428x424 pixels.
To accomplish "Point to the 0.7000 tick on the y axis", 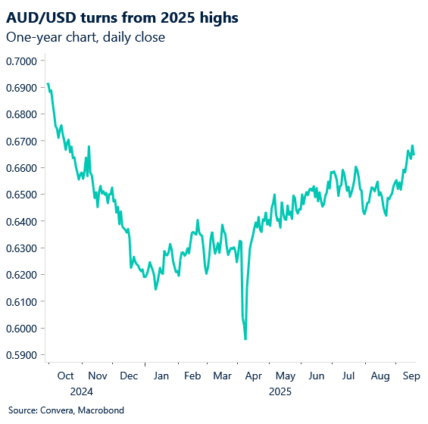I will [x=24, y=61].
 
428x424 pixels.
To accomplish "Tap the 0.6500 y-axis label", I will [x=24, y=195].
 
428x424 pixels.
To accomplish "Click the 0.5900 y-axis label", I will [x=24, y=355].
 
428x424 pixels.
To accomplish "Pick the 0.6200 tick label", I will [x=24, y=275].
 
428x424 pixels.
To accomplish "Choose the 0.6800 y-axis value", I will [x=24, y=114].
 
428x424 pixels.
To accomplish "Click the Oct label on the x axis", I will [x=65, y=376].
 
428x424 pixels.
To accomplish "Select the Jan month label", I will [x=161, y=376].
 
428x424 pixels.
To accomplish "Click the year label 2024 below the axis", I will [x=80, y=391].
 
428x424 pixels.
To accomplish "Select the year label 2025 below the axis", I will [x=280, y=391].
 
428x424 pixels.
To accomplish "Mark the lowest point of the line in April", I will [x=245, y=338].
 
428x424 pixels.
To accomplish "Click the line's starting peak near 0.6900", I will [x=48, y=83].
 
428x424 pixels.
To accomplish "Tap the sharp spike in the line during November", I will [x=89, y=147].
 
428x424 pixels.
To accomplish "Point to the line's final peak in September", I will [x=412, y=145].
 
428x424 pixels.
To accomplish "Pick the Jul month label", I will [x=348, y=376].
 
